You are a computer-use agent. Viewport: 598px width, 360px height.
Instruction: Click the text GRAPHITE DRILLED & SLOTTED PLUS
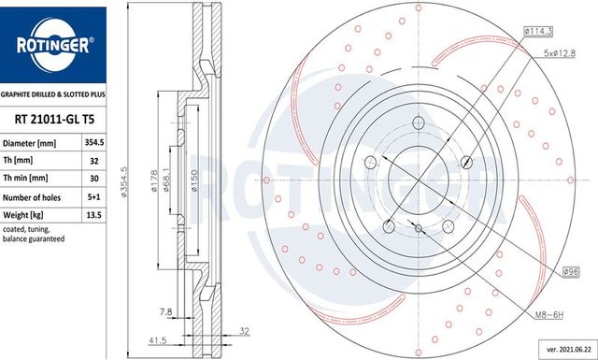pos(52,94)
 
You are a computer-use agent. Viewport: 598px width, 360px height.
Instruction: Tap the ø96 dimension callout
pos(572,271)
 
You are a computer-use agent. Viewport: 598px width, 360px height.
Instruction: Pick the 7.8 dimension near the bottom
pos(166,310)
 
